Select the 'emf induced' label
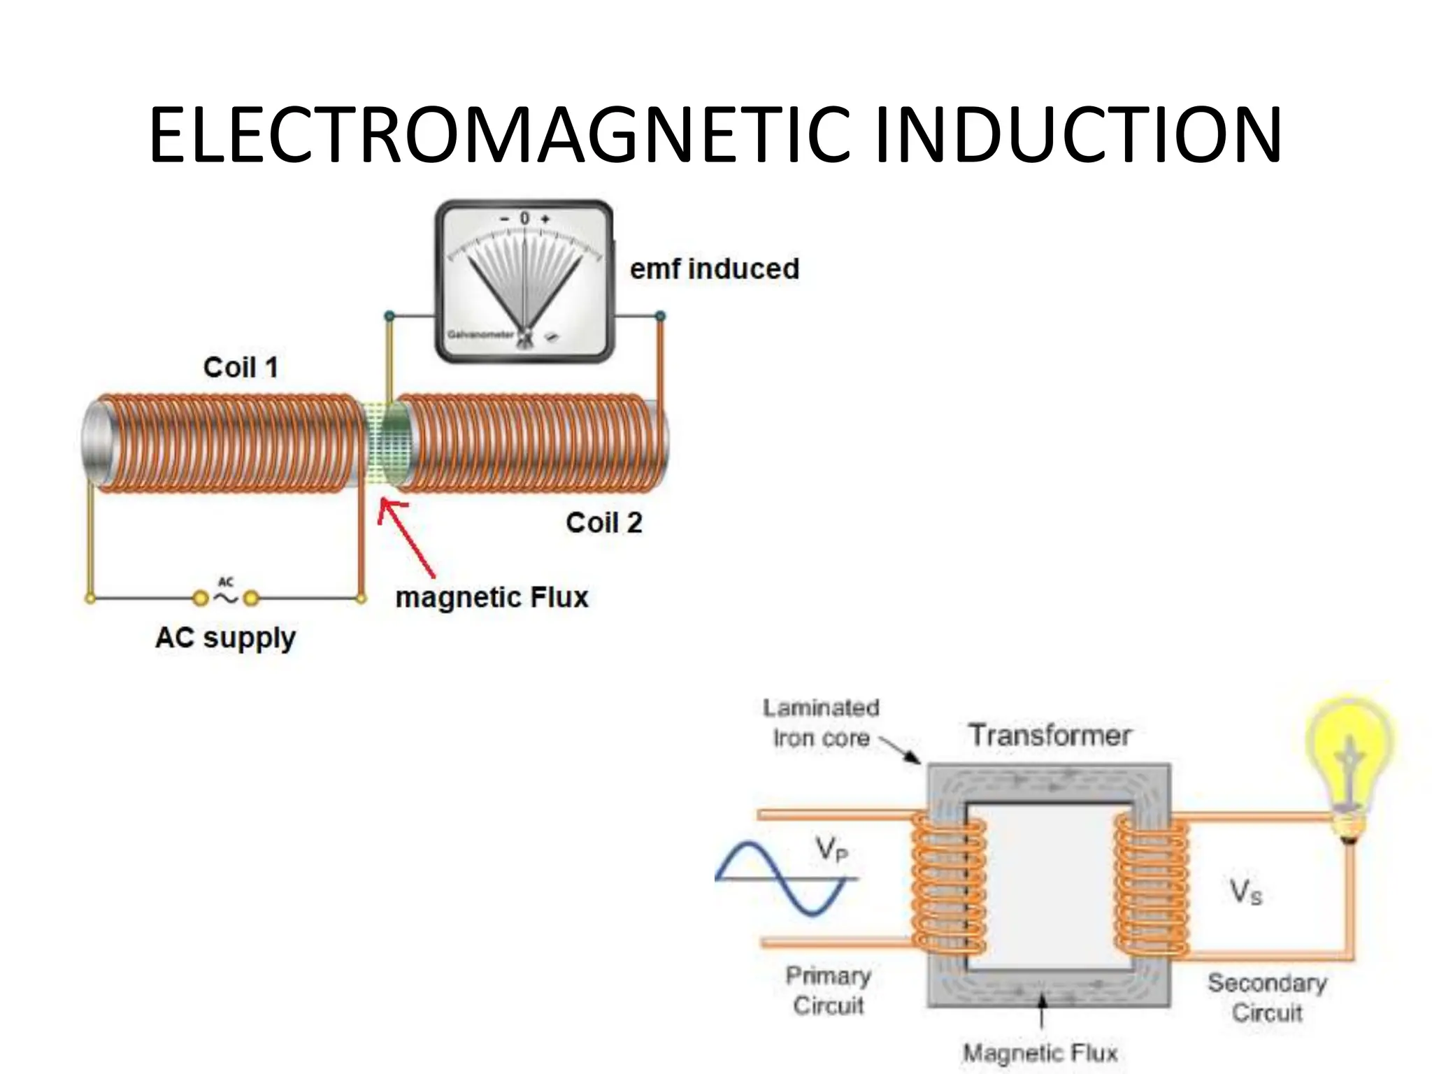(x=714, y=269)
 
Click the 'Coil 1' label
(x=241, y=368)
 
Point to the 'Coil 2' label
(x=603, y=523)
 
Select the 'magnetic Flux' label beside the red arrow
(x=492, y=598)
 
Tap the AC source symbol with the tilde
(x=226, y=596)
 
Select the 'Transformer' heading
(x=1049, y=736)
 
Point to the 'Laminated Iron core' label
(x=821, y=723)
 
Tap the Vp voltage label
(x=831, y=850)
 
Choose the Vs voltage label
(x=1245, y=892)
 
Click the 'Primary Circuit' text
(x=829, y=990)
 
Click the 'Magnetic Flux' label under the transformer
(x=1040, y=1052)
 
